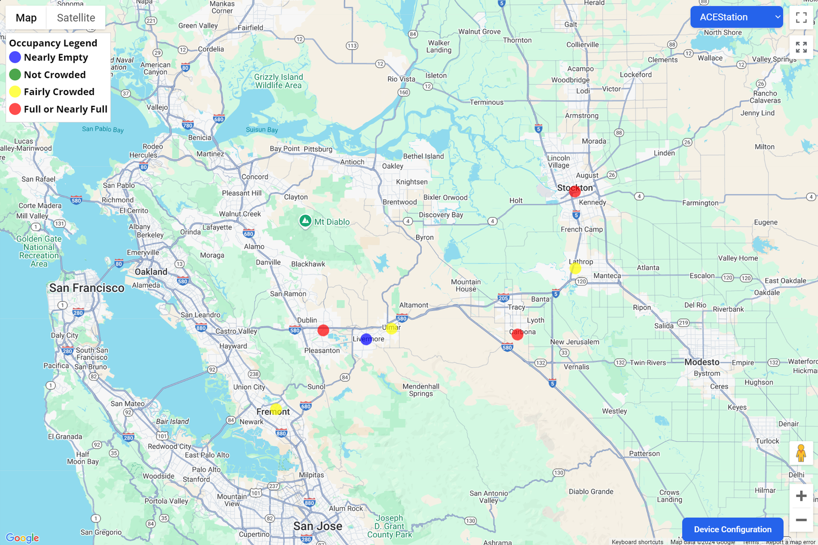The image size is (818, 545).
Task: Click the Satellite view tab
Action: pos(76,18)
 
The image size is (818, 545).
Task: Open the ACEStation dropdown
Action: pos(736,17)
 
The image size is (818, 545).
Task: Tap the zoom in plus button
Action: pos(801,496)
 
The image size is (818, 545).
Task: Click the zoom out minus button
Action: pos(801,520)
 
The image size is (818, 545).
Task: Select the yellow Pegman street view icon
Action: pos(801,453)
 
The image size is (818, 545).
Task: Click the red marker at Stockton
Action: pos(575,192)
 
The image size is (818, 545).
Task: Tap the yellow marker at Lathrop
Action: pos(575,268)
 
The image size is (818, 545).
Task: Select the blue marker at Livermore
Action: pos(366,339)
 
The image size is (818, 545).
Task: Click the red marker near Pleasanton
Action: pos(323,330)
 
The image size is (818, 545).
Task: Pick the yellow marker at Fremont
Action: pos(276,410)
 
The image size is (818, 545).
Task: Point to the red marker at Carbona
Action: pos(517,334)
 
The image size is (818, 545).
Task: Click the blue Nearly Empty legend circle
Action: pos(15,57)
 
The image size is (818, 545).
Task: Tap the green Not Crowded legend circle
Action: pos(15,75)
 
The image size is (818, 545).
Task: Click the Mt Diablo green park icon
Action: pos(305,221)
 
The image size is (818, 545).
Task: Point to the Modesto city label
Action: pos(702,362)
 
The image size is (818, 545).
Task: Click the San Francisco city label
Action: pos(87,288)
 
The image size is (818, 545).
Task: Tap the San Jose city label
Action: pos(317,526)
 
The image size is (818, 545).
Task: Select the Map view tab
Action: pos(26,18)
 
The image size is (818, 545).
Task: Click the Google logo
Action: pos(22,538)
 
